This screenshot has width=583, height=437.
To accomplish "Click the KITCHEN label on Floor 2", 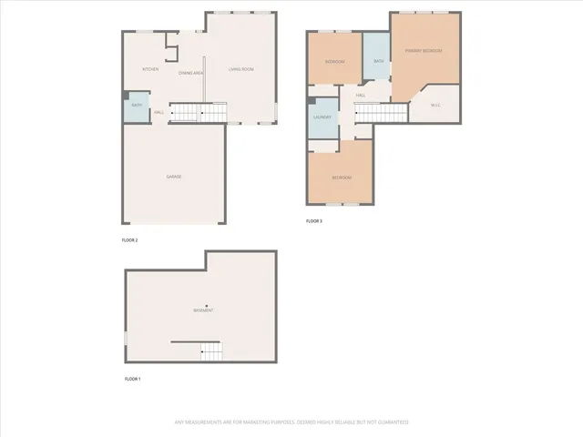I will point(151,70).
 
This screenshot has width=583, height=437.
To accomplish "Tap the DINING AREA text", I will point(191,72).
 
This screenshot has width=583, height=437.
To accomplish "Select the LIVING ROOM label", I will point(241,70).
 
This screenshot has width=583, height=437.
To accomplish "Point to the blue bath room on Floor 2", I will point(136,106).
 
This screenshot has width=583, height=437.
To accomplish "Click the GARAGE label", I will point(173,176).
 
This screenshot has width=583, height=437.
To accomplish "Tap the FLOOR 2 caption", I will point(129,240).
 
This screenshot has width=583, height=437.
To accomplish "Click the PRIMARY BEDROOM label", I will point(425,51).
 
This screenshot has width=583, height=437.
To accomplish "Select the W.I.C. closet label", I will point(436,105).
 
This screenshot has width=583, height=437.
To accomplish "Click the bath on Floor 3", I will point(377,61).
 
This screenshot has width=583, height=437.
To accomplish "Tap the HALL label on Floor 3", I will point(361,95).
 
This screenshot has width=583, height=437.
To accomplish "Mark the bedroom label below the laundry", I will point(342,177).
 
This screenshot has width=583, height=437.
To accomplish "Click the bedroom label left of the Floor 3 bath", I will point(334,61).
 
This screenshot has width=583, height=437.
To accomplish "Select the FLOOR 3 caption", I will point(314,221).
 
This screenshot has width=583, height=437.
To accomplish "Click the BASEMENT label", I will point(203,311).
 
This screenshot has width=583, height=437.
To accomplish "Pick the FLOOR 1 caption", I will point(132,378).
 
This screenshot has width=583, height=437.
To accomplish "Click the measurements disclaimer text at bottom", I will point(291,422).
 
